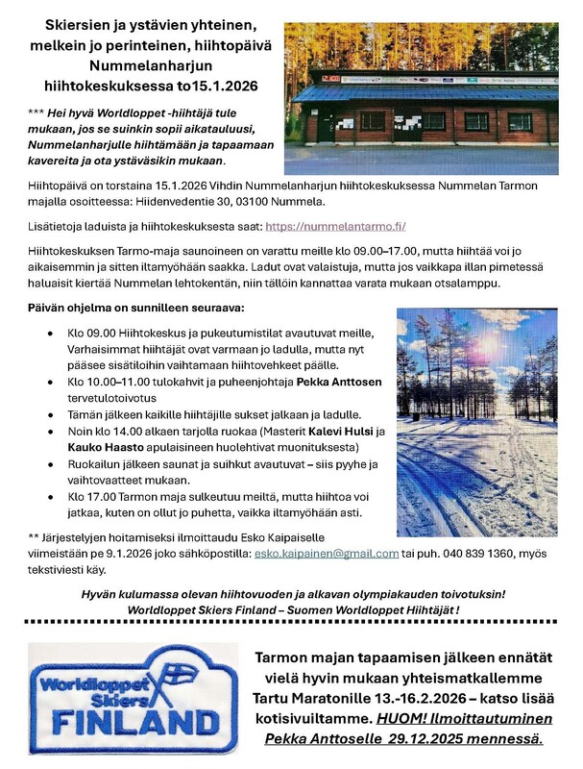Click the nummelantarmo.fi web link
click(x=334, y=226)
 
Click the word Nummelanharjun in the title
click(x=142, y=67)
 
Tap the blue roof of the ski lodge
click(x=423, y=92)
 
